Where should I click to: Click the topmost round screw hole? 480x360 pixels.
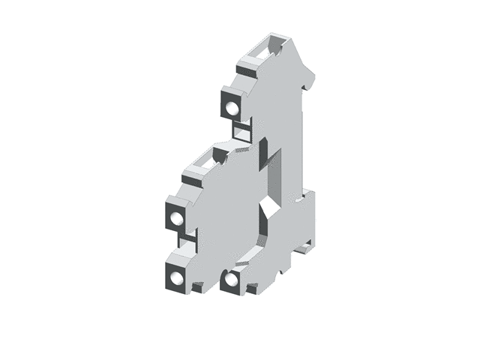click(x=232, y=108)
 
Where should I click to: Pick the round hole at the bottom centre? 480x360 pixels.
click(x=232, y=281)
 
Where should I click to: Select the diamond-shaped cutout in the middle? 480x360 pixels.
click(x=265, y=205)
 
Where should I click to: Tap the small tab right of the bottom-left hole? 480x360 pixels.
click(x=197, y=286)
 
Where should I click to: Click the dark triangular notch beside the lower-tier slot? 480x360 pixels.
click(x=220, y=155)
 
